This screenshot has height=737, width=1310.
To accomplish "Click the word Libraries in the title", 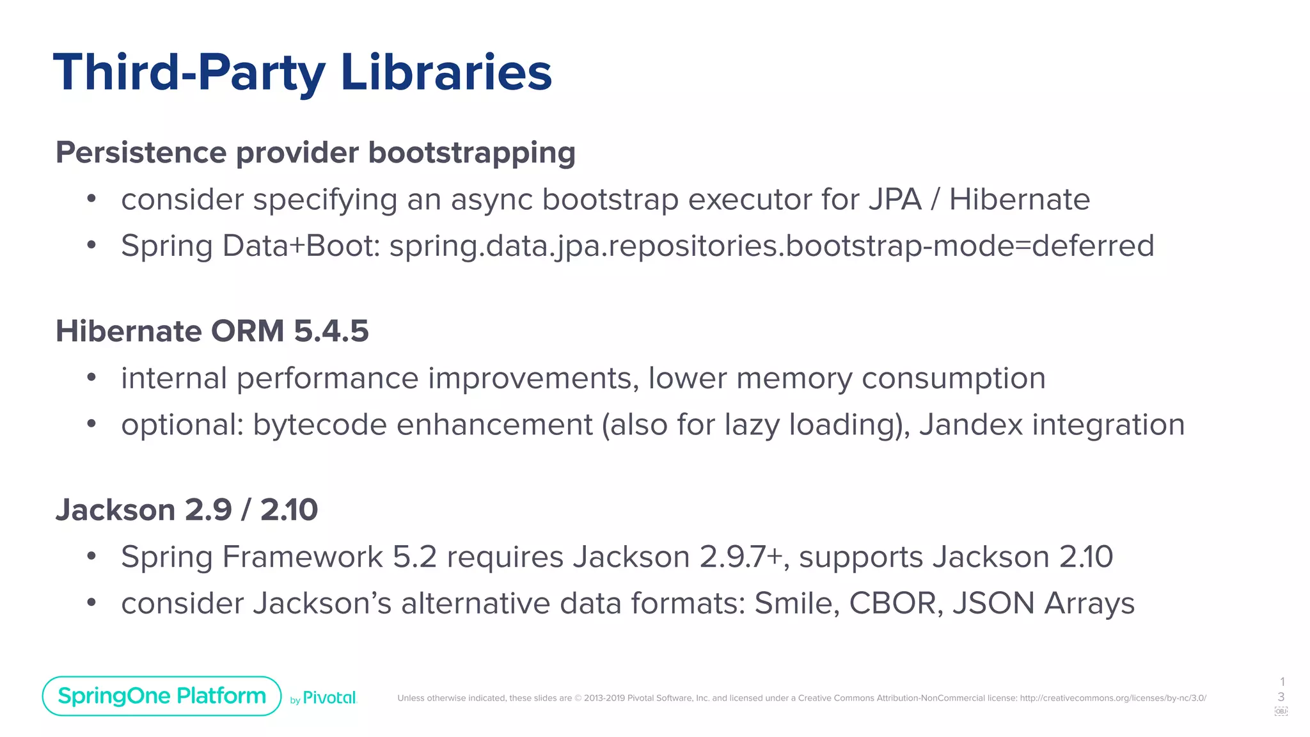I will [446, 72].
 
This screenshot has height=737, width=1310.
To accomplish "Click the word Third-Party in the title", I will [189, 72].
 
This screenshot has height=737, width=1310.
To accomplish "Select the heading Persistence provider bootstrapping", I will [315, 153].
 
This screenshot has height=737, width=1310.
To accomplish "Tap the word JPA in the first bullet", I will [895, 200].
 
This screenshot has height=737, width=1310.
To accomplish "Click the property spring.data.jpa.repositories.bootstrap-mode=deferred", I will [771, 246].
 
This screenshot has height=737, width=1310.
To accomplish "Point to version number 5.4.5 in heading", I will [331, 331].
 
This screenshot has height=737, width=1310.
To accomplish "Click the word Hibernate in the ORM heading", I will [129, 331].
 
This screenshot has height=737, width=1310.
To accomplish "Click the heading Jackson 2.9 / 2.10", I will [186, 510].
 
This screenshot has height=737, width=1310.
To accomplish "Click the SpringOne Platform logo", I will [162, 696].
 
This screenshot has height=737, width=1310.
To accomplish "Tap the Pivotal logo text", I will [329, 698].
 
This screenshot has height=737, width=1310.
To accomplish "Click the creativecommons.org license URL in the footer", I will [1112, 698].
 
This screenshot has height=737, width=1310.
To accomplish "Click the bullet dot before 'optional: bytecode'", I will [91, 424].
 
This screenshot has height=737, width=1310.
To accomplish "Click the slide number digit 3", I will [1281, 697].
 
